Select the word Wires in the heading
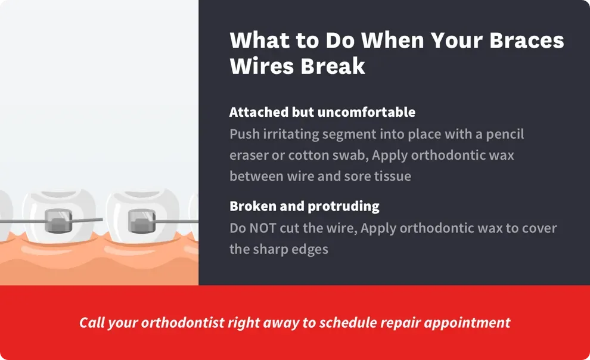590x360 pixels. coord(260,66)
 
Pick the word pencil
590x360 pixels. coord(504,134)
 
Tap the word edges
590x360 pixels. coord(309,249)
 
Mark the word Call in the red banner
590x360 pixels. coord(92,322)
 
